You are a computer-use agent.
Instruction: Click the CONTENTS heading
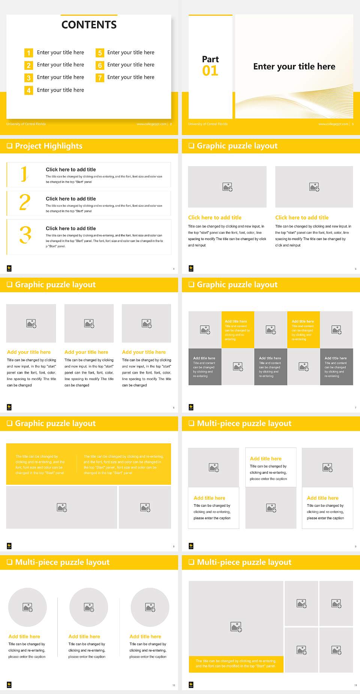click(x=89, y=25)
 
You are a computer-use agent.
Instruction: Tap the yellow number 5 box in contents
click(x=100, y=53)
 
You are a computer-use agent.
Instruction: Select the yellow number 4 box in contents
click(x=28, y=90)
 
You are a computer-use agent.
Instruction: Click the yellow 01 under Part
click(x=210, y=71)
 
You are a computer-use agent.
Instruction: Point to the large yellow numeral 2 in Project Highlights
click(x=25, y=203)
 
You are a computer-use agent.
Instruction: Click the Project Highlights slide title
click(x=49, y=146)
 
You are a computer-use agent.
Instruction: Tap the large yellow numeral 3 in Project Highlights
click(x=25, y=235)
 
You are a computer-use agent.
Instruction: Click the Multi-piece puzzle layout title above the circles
click(x=62, y=562)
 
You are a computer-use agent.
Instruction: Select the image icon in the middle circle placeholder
click(x=89, y=607)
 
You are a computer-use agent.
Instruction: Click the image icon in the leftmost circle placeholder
click(x=28, y=607)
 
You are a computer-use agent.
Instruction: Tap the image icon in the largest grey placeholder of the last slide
click(x=236, y=626)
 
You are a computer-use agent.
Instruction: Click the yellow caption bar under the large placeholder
click(x=236, y=664)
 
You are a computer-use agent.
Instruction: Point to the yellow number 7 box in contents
click(x=100, y=78)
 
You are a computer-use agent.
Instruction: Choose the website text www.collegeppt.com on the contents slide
click(x=151, y=124)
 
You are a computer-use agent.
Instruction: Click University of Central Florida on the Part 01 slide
click(x=208, y=124)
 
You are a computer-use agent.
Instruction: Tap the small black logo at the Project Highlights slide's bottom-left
click(x=9, y=268)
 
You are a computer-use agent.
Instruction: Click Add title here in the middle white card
click(x=265, y=458)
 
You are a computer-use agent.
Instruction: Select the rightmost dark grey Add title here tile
click(x=336, y=367)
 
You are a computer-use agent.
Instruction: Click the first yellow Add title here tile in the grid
click(x=238, y=329)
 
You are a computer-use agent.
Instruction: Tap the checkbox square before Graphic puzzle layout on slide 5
click(x=191, y=146)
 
